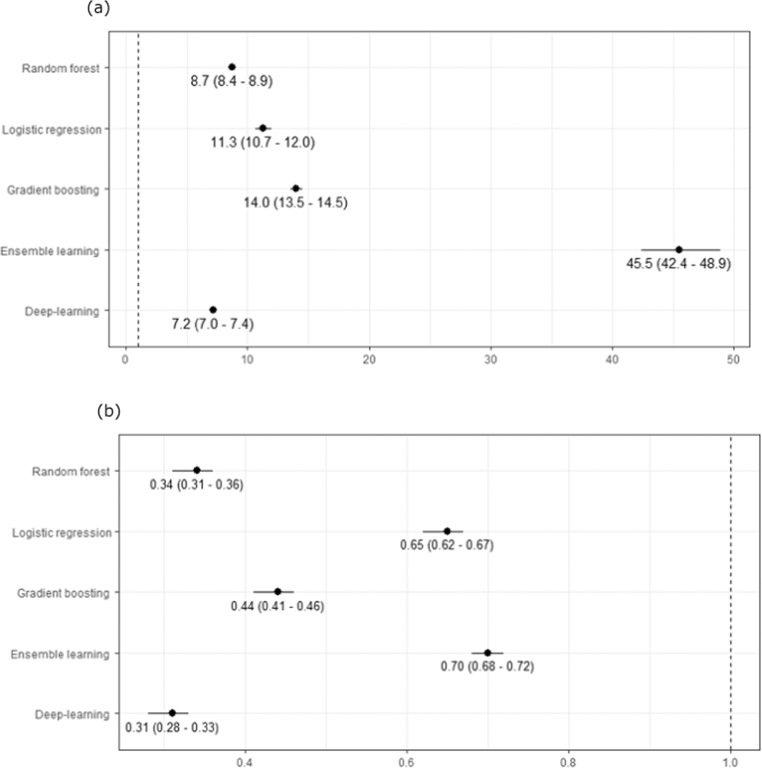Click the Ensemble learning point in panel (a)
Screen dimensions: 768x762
pos(678,250)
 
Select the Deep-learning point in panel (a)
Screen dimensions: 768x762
pos(213,310)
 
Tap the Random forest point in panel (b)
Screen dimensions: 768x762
pos(197,470)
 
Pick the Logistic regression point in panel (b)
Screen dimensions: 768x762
pos(447,531)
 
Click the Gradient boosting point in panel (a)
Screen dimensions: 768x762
pos(296,188)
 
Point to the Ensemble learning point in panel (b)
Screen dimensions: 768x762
pos(488,653)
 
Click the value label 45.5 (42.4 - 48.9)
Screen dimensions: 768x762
pos(678,264)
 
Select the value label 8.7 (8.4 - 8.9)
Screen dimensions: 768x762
pos(231,81)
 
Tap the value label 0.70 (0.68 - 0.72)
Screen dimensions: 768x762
pos(488,667)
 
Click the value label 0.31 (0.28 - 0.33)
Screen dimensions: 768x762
pos(172,728)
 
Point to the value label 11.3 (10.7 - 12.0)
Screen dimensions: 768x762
pos(263,143)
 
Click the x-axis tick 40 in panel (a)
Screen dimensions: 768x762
pos(612,360)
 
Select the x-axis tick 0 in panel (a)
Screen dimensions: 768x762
pos(125,360)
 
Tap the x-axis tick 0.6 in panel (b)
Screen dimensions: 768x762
pos(406,763)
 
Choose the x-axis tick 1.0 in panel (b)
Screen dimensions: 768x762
pos(730,763)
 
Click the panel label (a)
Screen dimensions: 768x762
pos(98,8)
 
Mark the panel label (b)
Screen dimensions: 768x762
pos(108,411)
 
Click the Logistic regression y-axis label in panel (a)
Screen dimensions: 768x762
pos(52,130)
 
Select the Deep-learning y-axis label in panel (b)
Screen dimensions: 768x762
pos(72,715)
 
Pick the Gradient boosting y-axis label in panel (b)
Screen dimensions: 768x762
pos(63,593)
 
